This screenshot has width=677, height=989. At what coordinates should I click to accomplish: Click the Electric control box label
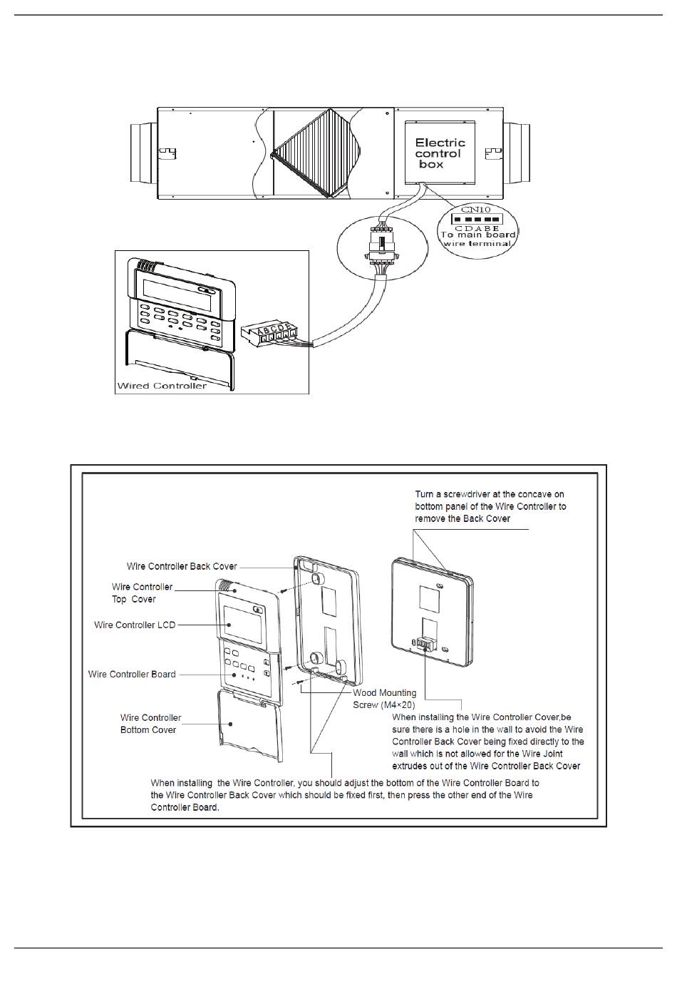coord(440,153)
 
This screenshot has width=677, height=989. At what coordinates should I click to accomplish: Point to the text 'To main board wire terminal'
coord(477,239)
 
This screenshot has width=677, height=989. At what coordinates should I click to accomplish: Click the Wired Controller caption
coord(162,386)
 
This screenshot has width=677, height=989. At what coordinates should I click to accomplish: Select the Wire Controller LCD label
coord(135,625)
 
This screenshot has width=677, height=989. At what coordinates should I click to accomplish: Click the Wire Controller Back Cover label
coord(182,567)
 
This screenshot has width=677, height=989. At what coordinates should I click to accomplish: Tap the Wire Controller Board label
coord(132,675)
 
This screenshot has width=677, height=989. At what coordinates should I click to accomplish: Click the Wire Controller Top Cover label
coord(142,593)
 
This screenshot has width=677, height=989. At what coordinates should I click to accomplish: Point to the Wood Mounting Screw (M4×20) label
coord(385,699)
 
